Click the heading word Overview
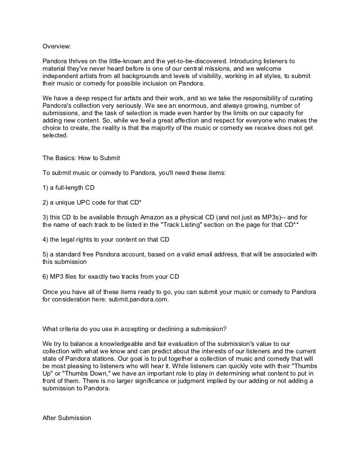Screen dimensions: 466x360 (56, 46)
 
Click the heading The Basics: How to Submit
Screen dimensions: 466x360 (81, 158)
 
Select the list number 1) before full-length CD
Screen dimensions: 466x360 (45, 188)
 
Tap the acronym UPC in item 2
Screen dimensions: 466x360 (88, 203)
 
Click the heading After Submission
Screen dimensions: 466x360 (67, 418)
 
